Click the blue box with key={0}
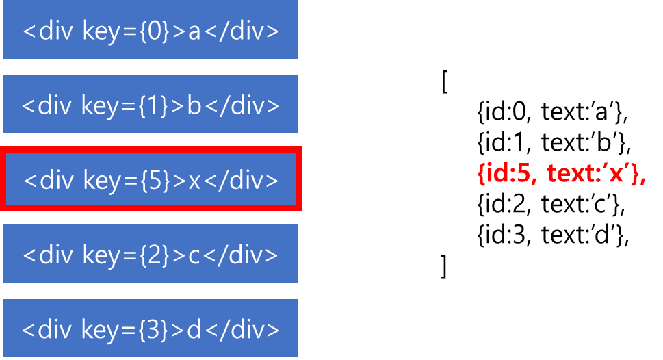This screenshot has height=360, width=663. (151, 30)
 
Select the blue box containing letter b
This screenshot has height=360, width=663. (151, 105)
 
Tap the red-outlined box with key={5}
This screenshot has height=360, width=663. (151, 179)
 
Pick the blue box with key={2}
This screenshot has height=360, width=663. (151, 254)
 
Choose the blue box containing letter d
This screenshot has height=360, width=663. (151, 329)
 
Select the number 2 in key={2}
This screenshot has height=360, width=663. (155, 255)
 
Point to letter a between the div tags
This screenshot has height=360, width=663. (194, 33)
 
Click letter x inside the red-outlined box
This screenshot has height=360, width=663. (195, 181)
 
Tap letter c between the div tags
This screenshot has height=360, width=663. (194, 256)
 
